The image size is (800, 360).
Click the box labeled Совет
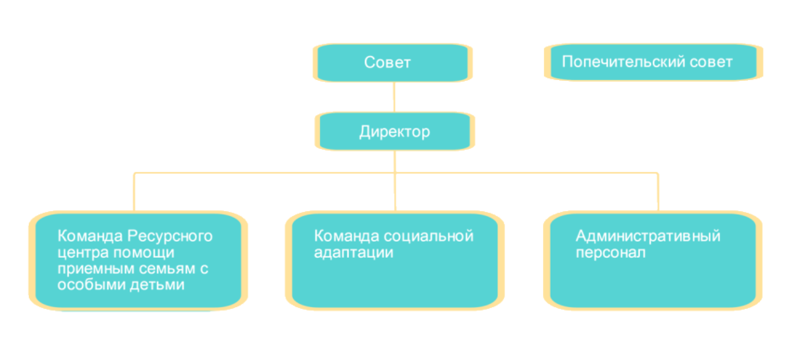coord(392,62)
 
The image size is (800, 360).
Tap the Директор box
coord(393,133)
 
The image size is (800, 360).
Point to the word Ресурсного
coord(170,236)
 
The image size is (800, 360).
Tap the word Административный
coord(648,236)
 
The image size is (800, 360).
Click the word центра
coord(82,253)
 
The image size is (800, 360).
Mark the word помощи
coord(144,253)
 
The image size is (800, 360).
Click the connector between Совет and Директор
coord(394,96)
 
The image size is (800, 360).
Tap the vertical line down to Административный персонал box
coord(657,191)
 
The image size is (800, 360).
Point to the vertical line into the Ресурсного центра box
coord(133,191)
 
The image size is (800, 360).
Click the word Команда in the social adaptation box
coord(342,236)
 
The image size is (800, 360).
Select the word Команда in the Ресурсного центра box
coord(86,236)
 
